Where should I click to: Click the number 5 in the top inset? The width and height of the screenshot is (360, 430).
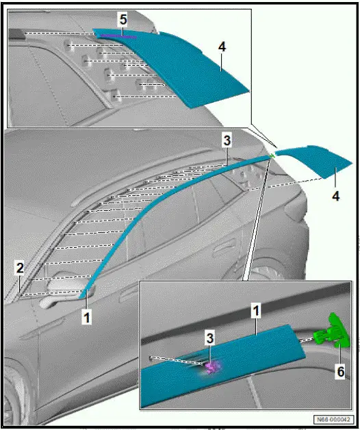point(123,20)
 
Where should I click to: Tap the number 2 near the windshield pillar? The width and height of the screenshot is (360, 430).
point(20,266)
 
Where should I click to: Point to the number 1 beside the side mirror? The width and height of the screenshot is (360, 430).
point(87,317)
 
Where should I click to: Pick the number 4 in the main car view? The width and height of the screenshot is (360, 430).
point(335,195)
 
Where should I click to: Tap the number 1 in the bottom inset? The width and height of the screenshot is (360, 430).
point(257,312)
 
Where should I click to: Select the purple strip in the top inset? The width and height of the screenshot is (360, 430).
point(116,35)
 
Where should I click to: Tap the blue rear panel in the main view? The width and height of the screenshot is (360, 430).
point(308,164)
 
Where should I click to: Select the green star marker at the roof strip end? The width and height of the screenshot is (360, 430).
point(272,157)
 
